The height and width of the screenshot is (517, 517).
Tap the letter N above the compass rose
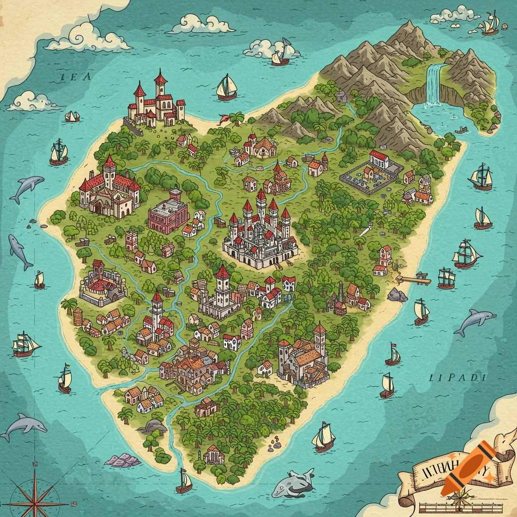pos(34,463)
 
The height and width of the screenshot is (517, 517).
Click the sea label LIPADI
pos(457,377)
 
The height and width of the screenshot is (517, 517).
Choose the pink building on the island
pos(169,214)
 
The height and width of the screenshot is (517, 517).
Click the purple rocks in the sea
pos(123,459)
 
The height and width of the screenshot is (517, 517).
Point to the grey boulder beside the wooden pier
pos(397,295)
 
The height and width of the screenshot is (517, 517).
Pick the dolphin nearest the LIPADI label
pos(474,322)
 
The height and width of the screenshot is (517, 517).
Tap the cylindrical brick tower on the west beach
pos(78,317)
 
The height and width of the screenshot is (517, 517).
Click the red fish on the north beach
pos(224,119)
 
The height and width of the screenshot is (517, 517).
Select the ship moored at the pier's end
pos(446,278)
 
